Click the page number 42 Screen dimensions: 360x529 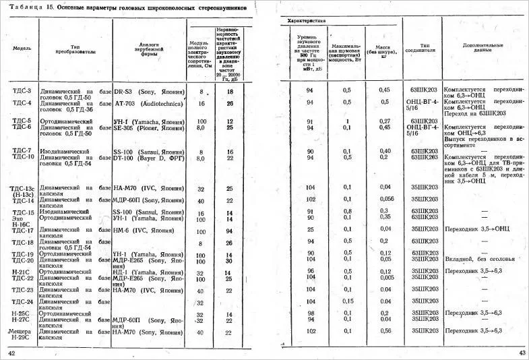point(11,353)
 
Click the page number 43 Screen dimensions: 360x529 point(522,353)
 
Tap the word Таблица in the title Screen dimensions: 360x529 point(23,8)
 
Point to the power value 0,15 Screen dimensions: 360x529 point(347,301)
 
